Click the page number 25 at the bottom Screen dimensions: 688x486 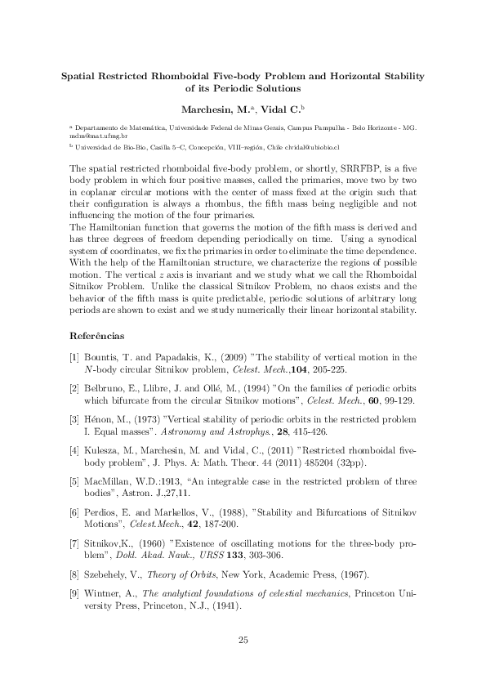coord(243,639)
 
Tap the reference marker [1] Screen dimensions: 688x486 coord(74,357)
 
